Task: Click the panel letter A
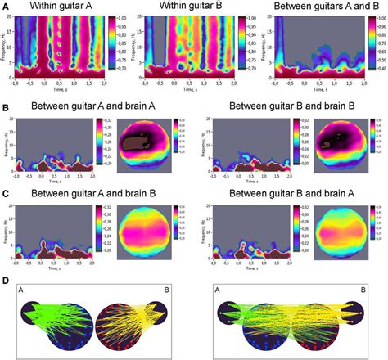tap(7, 7)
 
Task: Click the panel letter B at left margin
tap(7, 106)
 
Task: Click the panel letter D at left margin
tap(7, 281)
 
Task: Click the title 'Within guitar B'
tap(189, 7)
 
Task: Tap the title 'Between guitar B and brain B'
tap(291, 107)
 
